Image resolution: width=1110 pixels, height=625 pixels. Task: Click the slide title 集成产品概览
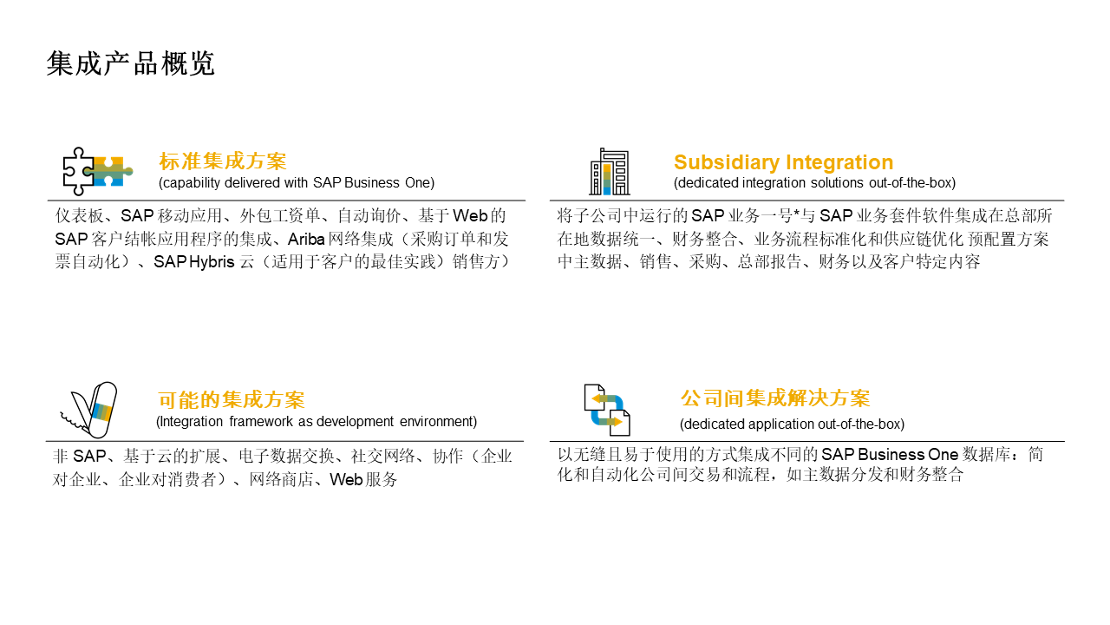131,64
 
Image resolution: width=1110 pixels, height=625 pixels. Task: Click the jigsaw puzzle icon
97,170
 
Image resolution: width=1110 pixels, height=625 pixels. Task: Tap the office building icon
610,172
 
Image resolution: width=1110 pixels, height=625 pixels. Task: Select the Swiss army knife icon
89,411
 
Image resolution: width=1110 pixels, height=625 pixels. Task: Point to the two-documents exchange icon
607,410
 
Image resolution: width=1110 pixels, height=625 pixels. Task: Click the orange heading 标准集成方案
223,161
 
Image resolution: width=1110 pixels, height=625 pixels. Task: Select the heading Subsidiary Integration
783,162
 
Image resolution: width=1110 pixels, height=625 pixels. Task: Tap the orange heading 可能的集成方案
232,400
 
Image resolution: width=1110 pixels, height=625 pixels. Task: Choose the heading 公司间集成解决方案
775,398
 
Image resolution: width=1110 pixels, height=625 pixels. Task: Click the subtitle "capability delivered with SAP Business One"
297,183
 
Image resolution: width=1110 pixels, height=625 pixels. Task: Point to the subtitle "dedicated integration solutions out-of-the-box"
814,183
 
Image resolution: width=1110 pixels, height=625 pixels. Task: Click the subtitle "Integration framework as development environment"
317,422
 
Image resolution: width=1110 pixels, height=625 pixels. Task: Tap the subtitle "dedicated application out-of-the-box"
792,424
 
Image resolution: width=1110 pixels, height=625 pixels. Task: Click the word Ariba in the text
306,239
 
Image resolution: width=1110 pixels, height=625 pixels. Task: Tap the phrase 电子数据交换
291,457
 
